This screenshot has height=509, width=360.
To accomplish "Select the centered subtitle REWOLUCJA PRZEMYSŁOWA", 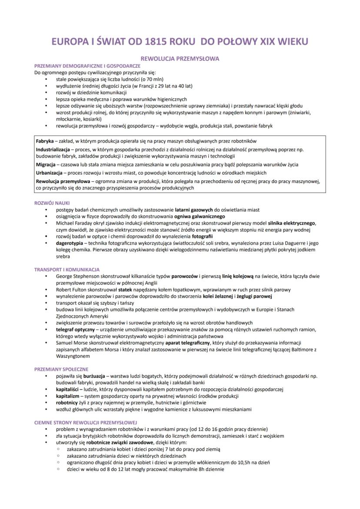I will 179,58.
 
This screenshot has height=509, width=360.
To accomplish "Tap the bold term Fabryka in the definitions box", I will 44,141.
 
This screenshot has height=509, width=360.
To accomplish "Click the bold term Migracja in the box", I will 46,165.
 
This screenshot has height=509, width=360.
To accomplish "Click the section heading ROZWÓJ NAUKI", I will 52,203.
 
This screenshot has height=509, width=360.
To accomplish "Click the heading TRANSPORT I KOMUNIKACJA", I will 67,269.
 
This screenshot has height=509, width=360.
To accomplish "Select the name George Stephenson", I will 77,276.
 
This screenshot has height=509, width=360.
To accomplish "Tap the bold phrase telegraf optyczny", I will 75,329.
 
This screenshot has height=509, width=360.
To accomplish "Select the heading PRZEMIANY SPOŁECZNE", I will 61,369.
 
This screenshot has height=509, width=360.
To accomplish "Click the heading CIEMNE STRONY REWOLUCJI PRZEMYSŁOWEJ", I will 86,422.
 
